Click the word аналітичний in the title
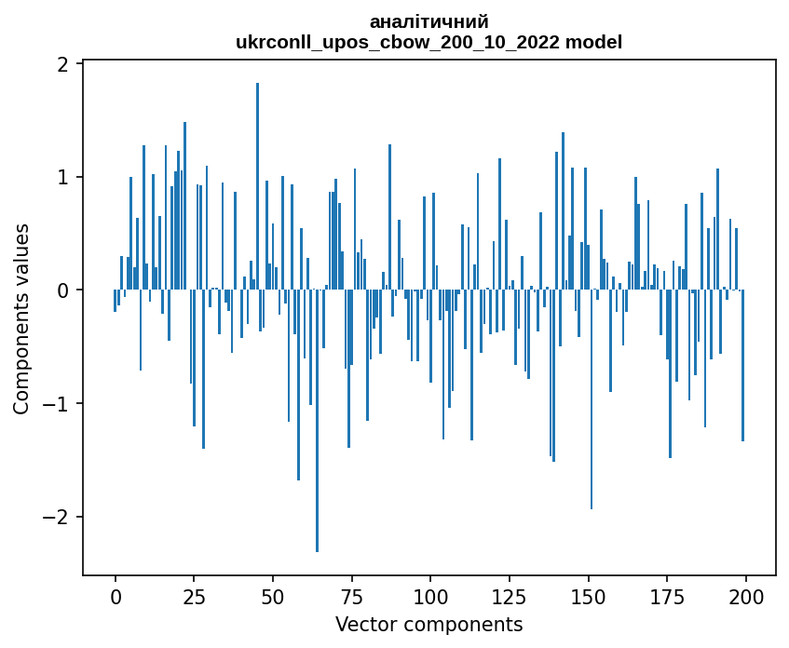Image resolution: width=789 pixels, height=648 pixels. coord(429,21)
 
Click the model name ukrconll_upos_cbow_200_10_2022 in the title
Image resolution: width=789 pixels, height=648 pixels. coord(402,42)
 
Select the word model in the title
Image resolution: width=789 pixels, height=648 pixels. coord(597,42)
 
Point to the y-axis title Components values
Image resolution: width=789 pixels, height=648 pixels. coord(21,318)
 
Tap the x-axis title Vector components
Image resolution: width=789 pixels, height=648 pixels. coord(429,624)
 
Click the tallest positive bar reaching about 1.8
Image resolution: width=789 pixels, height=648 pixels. coord(258,186)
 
